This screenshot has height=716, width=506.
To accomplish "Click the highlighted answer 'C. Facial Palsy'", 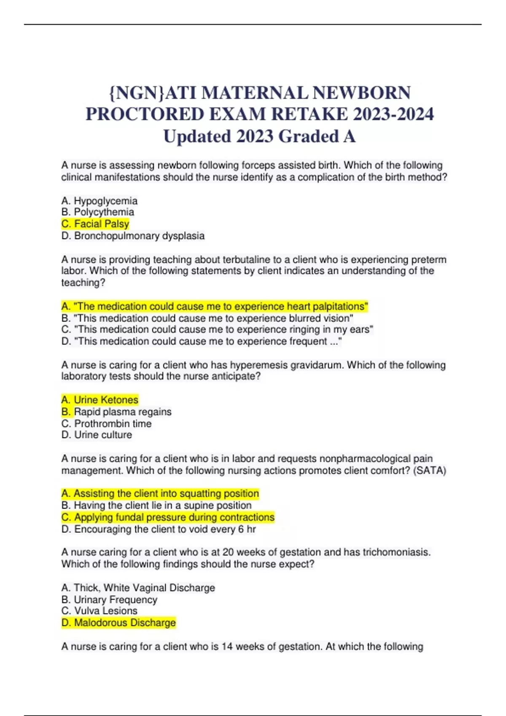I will point(95,224).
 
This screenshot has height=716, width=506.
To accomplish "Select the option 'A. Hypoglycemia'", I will point(100,201).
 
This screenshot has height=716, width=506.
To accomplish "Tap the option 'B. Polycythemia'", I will point(98,212).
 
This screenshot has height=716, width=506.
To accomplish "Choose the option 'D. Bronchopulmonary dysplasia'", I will point(133,236).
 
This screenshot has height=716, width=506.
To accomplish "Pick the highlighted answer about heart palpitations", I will point(215,307).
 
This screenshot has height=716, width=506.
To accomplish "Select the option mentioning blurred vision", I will point(207,318).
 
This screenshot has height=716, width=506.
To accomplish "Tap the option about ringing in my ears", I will point(217,329).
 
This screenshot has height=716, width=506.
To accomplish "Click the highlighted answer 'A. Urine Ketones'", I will point(100,400).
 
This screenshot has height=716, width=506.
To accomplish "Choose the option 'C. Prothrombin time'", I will point(106,424).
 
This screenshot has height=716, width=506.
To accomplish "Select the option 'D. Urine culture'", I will point(97,435).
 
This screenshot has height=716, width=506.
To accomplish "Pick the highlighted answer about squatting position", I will point(160,494).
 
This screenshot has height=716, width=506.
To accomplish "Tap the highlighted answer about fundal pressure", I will point(168,517).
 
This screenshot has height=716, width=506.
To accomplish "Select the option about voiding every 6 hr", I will point(159,529).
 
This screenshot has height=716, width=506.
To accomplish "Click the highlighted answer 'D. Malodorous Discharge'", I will point(118,623).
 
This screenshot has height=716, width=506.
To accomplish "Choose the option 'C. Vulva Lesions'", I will point(100,611).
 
